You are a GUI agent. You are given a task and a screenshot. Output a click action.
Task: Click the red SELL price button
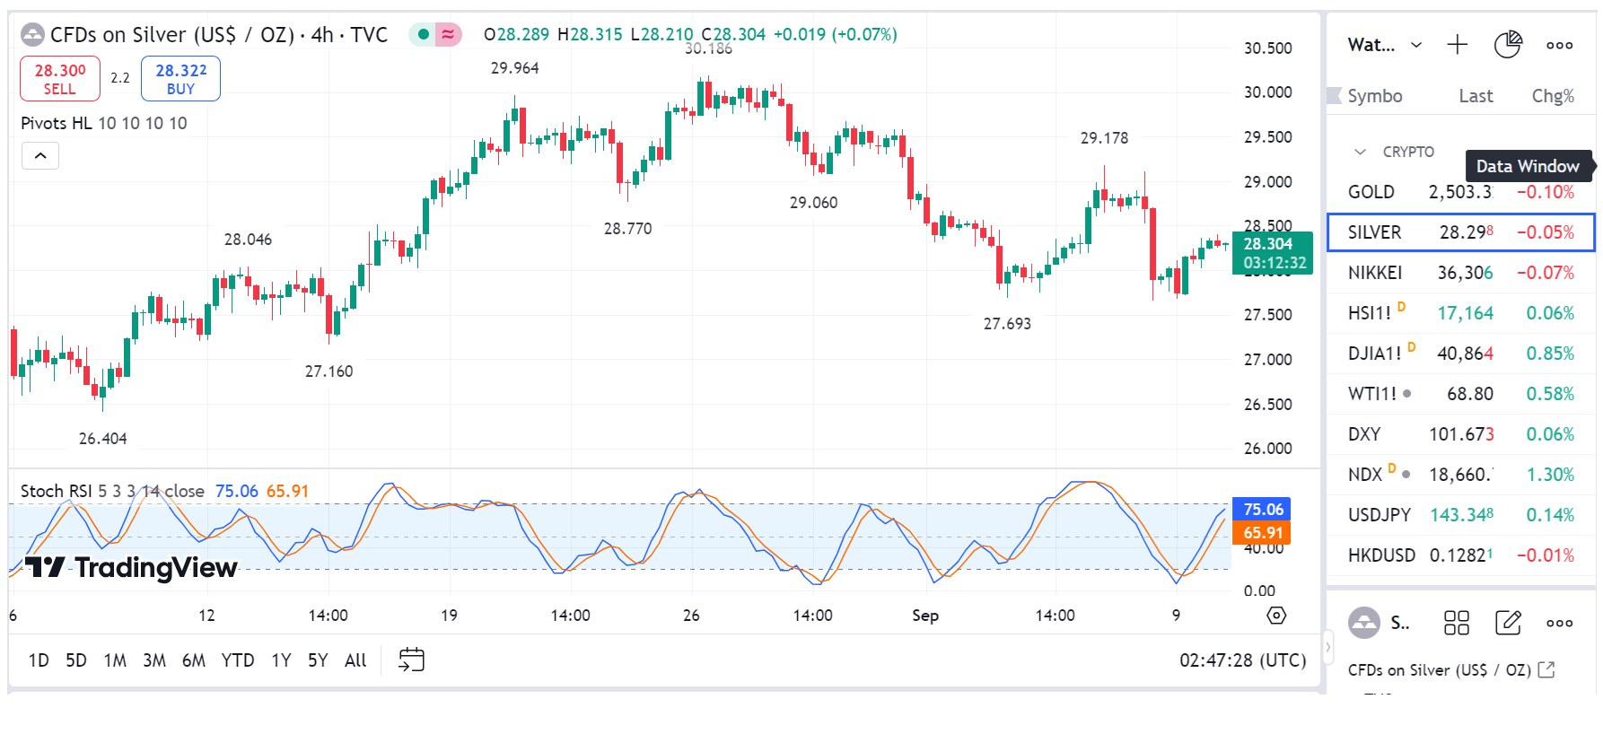point(60,79)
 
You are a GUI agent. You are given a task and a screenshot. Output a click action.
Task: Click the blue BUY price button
point(180,79)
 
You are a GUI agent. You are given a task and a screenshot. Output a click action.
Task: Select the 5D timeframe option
point(76,660)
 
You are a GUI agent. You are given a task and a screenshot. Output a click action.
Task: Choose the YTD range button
point(238,660)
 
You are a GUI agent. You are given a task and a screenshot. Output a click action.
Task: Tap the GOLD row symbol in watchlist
point(1371,192)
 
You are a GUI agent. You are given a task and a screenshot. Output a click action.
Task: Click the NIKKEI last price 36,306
point(1465,273)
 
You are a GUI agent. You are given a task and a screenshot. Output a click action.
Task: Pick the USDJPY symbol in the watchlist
point(1379,515)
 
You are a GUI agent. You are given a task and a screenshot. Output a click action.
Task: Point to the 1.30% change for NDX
point(1550,475)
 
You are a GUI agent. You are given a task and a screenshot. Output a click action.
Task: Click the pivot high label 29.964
point(514,68)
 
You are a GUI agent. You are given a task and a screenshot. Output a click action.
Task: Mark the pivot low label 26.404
point(102,439)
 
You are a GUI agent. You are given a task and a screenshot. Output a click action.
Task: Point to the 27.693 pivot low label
point(1007,324)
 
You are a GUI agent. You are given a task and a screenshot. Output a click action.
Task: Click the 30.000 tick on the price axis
point(1267,92)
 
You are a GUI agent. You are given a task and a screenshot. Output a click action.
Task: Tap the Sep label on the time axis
point(925,616)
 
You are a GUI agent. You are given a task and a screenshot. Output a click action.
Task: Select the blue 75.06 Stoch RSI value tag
point(1263,510)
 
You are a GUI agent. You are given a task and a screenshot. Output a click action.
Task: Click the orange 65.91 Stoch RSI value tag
point(1263,533)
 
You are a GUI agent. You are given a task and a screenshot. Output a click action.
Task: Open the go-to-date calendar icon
point(411,660)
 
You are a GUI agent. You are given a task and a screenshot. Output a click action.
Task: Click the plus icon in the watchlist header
point(1458,45)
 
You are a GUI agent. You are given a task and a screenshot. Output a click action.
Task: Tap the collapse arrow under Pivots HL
point(40,156)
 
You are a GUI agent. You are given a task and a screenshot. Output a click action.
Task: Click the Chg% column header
point(1553,96)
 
